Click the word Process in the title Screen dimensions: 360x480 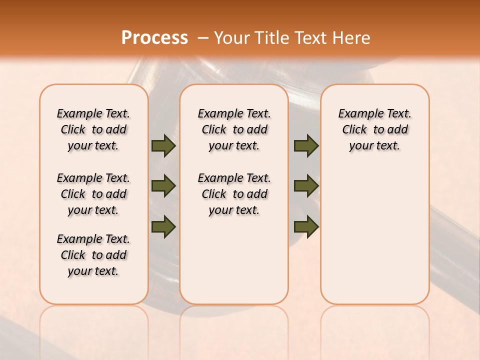click(154, 38)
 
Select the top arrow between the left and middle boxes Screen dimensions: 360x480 click(163, 145)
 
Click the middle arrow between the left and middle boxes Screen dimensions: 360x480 click(163, 186)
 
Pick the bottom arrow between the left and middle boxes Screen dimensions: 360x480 click(163, 226)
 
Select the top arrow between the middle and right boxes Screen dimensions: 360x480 click(306, 145)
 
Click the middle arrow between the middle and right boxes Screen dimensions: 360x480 click(306, 186)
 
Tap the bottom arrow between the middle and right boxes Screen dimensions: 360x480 click(306, 226)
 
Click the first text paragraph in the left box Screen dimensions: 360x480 click(93, 129)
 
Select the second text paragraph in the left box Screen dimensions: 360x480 click(93, 194)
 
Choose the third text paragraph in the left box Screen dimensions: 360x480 click(93, 255)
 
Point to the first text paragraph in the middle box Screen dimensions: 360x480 click(234, 129)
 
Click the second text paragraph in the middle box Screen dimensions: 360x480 click(234, 194)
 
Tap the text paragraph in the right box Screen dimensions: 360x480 click(374, 129)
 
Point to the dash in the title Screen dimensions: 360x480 click(203, 38)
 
